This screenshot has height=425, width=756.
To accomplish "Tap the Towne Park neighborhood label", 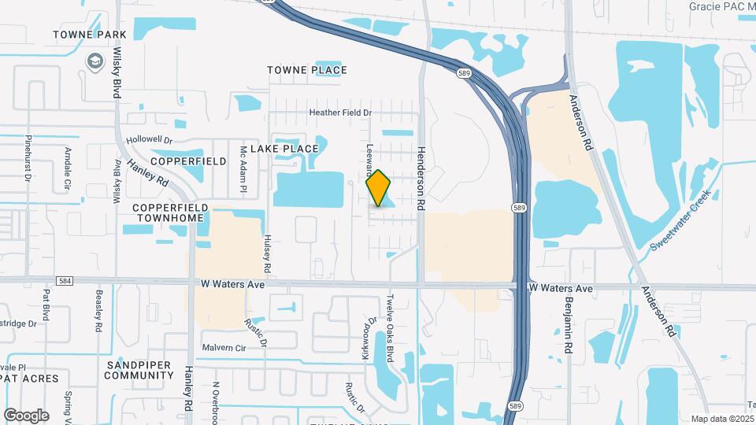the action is pyautogui.click(x=80, y=35).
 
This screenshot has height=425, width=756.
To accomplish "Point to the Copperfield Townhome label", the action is pyautogui.click(x=170, y=213).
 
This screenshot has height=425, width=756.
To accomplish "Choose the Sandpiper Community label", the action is pyautogui.click(x=139, y=370).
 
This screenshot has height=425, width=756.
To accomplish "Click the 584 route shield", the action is pyautogui.click(x=65, y=281).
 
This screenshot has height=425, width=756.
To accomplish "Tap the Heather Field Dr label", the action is pyautogui.click(x=339, y=113).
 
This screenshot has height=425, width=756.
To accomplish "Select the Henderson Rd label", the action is pyautogui.click(x=421, y=178).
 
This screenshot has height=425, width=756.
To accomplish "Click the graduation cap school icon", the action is pyautogui.click(x=94, y=61).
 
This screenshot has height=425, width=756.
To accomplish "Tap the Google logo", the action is pyautogui.click(x=26, y=415).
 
